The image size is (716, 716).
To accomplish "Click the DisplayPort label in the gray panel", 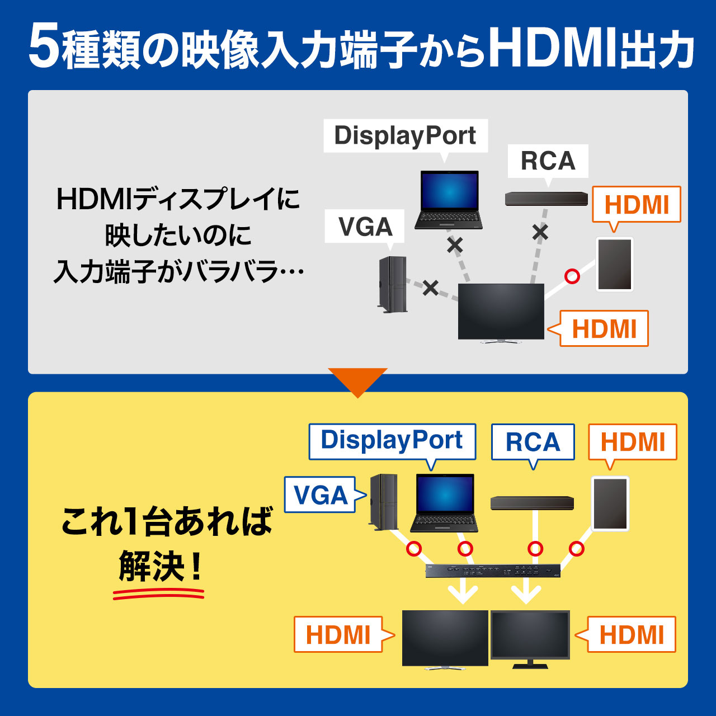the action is point(406,136).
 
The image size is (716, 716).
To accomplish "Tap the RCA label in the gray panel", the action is point(548,161).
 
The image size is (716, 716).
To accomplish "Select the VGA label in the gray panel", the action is point(365,227).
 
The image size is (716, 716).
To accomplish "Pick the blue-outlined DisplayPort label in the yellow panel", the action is point(392,441).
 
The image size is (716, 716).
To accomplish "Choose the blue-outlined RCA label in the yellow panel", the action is point(533,442).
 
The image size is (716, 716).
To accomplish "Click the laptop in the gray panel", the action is point(449,200).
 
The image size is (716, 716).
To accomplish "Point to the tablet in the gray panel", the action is point(615,264).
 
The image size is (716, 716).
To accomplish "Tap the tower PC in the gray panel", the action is point(392,285).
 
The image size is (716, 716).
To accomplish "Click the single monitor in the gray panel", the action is point(501,313).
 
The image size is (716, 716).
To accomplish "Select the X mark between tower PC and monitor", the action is point(431,288).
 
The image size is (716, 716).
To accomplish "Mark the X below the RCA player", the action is point(540,233).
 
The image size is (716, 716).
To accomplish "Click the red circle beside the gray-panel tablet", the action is point(572,276).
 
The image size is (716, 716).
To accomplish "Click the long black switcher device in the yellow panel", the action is point(493,571).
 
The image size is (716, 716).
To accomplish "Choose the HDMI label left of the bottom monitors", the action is point(338,635).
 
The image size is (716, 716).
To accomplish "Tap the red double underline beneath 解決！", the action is point(159,593).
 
